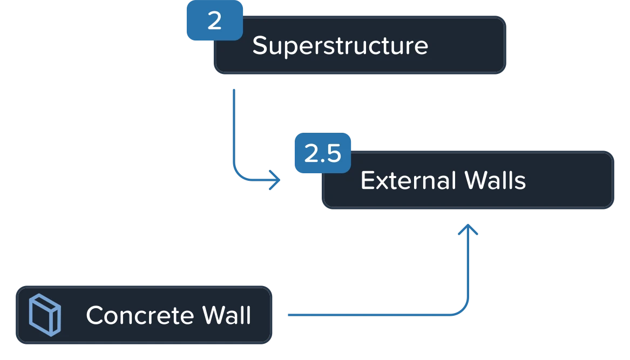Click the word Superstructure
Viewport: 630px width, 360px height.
click(x=340, y=45)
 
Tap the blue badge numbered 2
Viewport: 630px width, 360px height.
click(x=214, y=21)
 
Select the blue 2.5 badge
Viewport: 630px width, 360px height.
click(x=322, y=154)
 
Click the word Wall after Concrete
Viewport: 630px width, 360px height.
click(x=227, y=315)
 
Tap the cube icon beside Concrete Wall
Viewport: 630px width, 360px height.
click(x=44, y=315)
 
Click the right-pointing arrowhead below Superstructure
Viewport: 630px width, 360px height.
click(x=275, y=179)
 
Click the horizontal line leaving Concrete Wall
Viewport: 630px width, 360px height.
click(x=367, y=314)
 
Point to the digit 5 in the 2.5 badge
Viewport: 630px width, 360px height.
click(x=333, y=154)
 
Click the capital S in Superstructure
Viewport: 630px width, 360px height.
click(x=260, y=45)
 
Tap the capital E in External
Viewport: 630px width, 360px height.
click(x=367, y=180)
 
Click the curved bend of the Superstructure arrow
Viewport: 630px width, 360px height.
click(x=238, y=174)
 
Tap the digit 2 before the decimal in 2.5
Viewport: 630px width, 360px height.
click(x=311, y=154)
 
